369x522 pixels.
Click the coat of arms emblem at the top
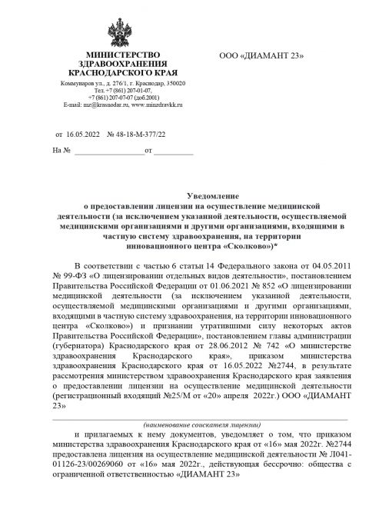coord(123,32)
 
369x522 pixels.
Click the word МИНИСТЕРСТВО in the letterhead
coord(123,56)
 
